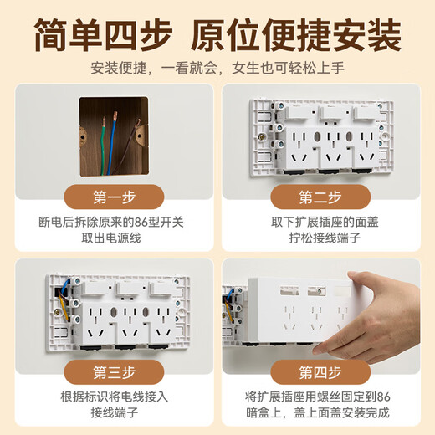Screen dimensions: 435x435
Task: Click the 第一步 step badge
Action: (x=114, y=197)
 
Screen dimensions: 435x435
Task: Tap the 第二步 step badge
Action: (x=320, y=197)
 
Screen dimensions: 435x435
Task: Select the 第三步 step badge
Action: (x=114, y=372)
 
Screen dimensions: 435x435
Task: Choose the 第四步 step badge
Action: (x=320, y=372)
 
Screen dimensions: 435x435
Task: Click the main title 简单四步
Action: (x=103, y=35)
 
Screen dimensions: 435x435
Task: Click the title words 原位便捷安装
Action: (x=296, y=35)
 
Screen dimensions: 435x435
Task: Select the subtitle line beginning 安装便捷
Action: (x=217, y=68)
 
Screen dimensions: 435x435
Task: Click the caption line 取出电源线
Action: (x=111, y=238)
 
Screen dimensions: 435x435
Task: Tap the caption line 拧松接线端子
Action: (x=325, y=238)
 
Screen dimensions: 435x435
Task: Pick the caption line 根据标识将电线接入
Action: (x=115, y=397)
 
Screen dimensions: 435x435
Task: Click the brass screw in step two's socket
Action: (x=261, y=137)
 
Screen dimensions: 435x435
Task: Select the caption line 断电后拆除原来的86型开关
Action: (x=111, y=223)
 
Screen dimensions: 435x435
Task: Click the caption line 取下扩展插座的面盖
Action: (x=325, y=223)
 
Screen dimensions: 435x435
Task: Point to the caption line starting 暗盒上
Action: (x=317, y=412)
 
